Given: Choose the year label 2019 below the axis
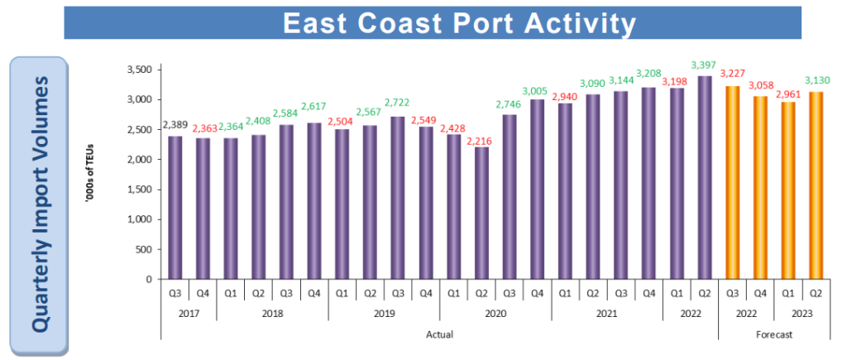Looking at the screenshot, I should tap(384, 314).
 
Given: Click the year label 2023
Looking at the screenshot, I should tap(802, 314).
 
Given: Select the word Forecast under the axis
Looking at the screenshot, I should tap(773, 334).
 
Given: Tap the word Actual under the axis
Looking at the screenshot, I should tap(439, 334).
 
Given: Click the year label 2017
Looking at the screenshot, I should tap(189, 314).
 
